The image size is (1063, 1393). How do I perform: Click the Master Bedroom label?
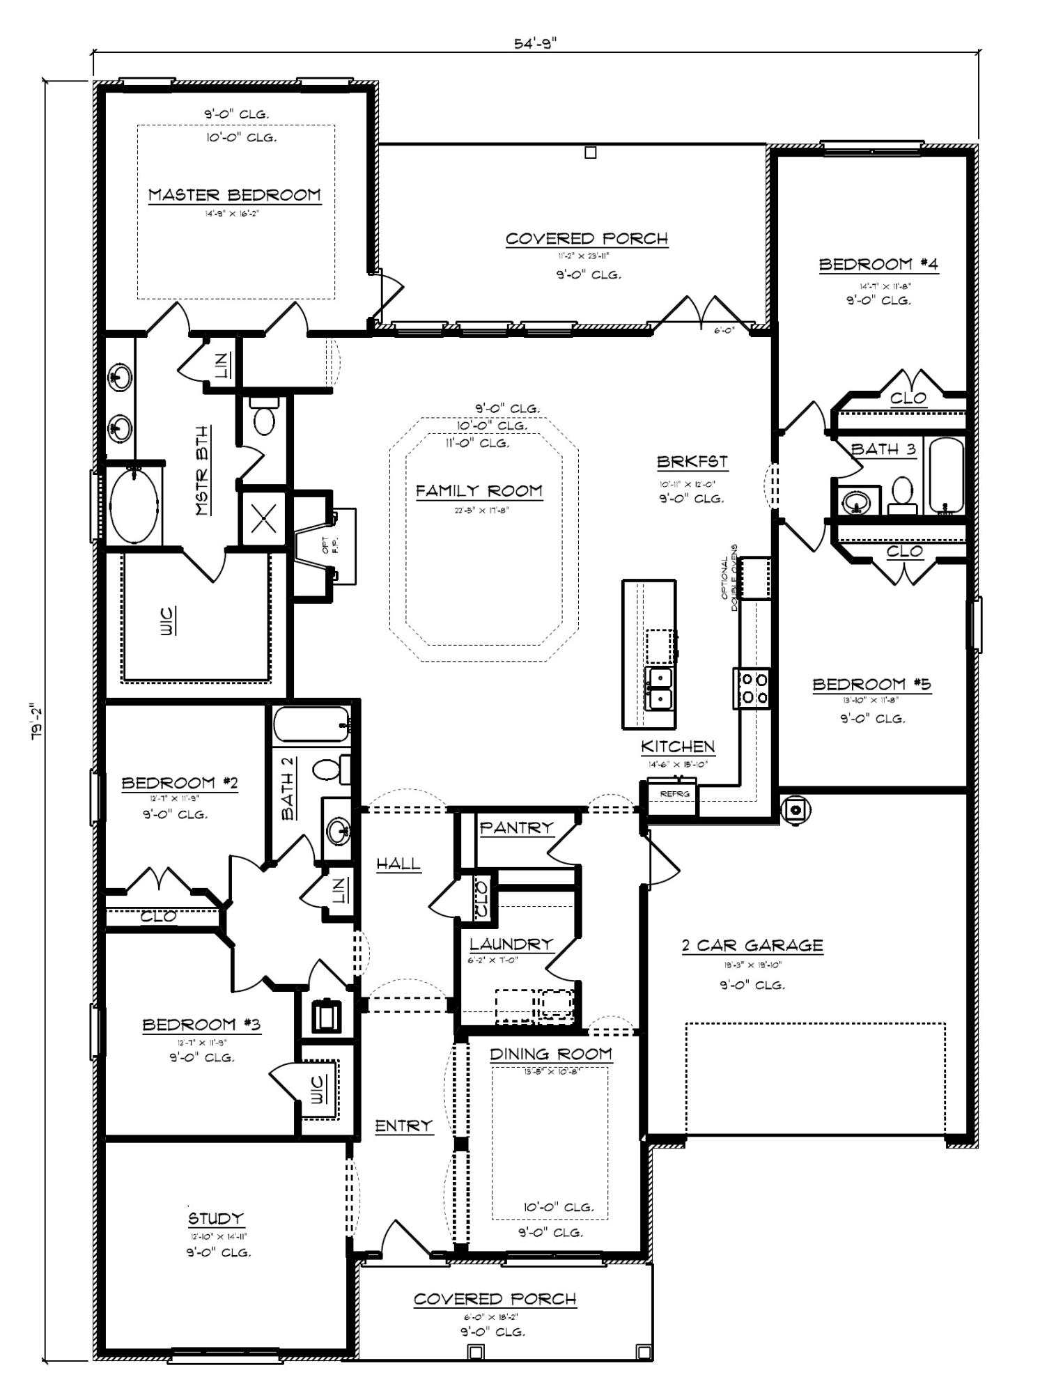235,195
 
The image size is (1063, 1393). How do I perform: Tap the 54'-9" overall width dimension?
536,43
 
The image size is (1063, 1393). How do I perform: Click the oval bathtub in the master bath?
134,506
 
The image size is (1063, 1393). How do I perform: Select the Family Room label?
479,491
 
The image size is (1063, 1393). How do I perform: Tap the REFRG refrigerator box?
674,793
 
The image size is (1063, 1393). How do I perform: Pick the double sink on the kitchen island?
658,687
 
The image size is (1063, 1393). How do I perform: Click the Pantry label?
516,827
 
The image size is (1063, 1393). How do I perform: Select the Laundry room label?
511,944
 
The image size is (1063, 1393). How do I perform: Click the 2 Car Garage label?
752,945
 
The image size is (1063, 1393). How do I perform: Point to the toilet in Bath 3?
903,492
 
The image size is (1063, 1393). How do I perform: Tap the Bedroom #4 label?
878,265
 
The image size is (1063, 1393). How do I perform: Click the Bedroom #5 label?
871,684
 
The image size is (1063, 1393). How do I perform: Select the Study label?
216,1218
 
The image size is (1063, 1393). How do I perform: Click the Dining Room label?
550,1054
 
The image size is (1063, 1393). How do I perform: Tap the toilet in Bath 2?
327,768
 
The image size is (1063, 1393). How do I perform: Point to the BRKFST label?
692,462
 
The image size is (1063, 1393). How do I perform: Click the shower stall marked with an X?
263,519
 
